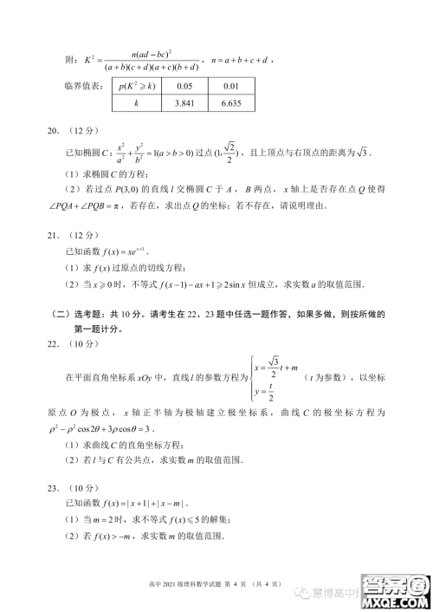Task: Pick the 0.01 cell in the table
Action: click(x=229, y=87)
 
